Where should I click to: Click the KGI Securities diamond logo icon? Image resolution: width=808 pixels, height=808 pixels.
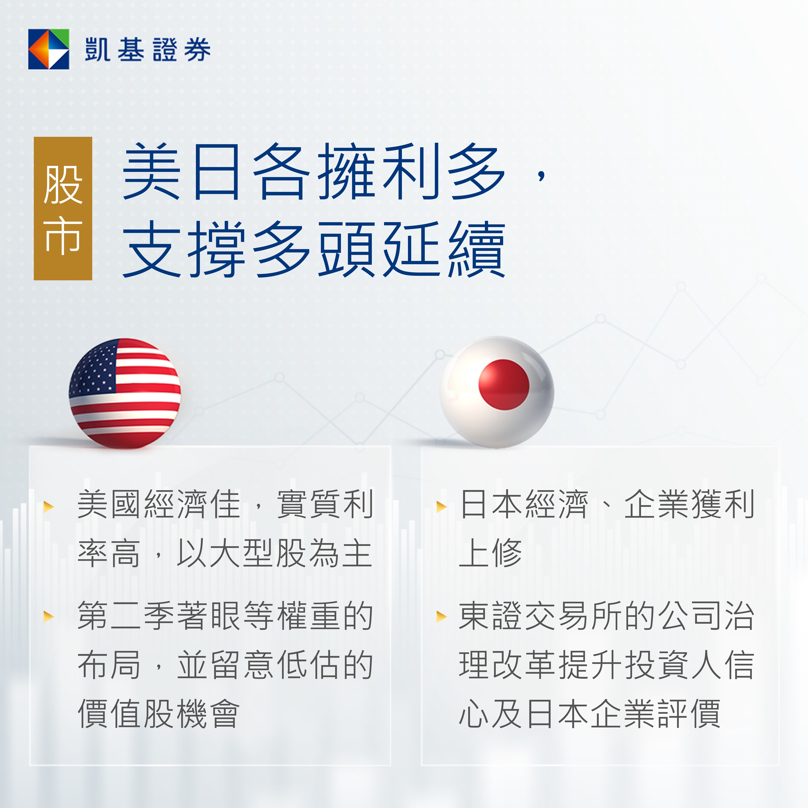(x=49, y=49)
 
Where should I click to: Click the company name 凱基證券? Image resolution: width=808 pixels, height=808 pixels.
(x=148, y=49)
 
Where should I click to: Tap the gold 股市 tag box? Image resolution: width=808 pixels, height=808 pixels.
(x=63, y=208)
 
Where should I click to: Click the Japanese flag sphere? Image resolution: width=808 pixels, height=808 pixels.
(x=496, y=392)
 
